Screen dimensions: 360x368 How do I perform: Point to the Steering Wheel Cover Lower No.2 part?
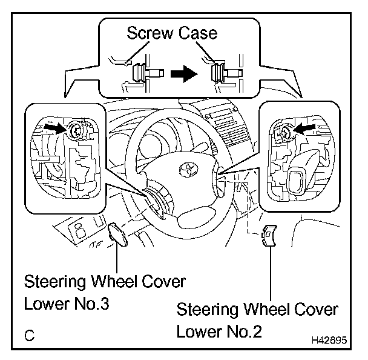[269, 236]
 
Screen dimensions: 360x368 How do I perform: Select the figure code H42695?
[329, 341]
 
